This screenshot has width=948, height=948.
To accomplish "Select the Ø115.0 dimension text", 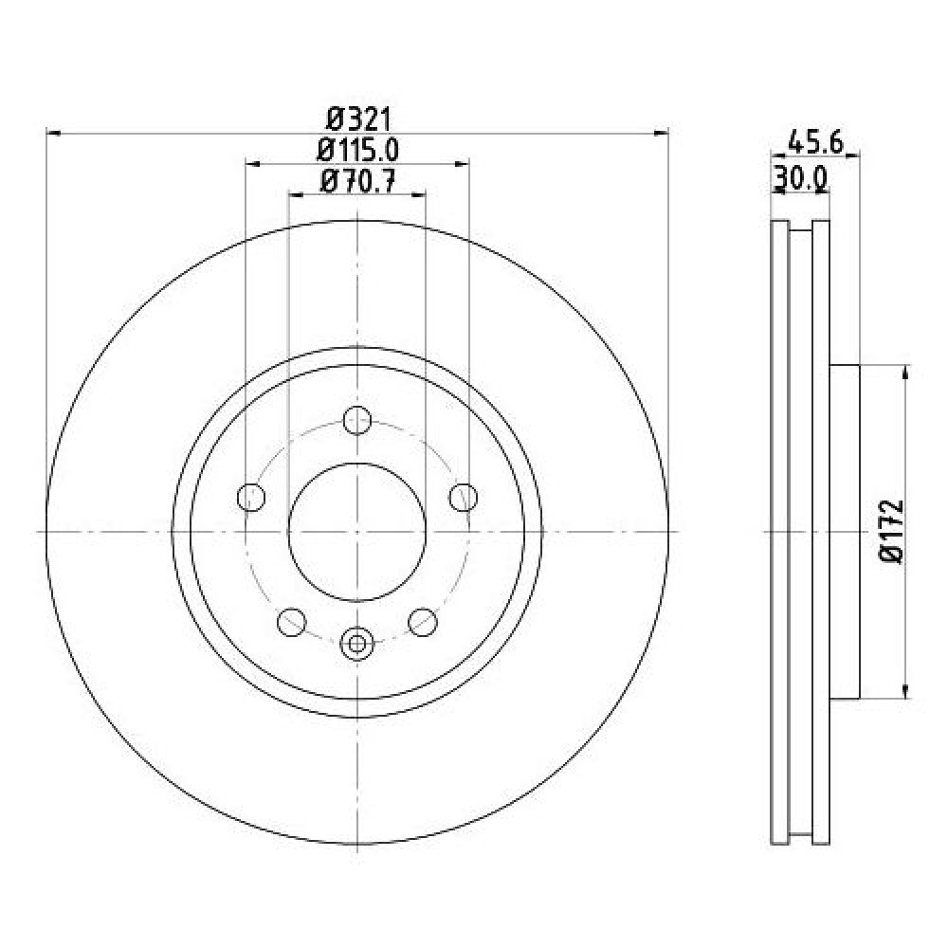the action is (x=358, y=150).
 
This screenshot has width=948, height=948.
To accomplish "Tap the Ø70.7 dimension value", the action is (x=358, y=181).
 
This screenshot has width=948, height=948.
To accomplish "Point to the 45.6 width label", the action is (x=815, y=143).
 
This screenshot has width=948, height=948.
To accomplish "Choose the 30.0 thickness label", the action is (x=800, y=178).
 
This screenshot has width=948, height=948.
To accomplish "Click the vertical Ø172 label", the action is (x=892, y=531).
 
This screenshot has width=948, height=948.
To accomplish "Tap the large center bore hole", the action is (x=357, y=532).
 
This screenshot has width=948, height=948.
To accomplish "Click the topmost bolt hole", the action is (x=357, y=420).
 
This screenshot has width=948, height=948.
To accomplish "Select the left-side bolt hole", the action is (x=251, y=498).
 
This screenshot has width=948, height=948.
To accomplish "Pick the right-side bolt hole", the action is (x=464, y=498).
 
